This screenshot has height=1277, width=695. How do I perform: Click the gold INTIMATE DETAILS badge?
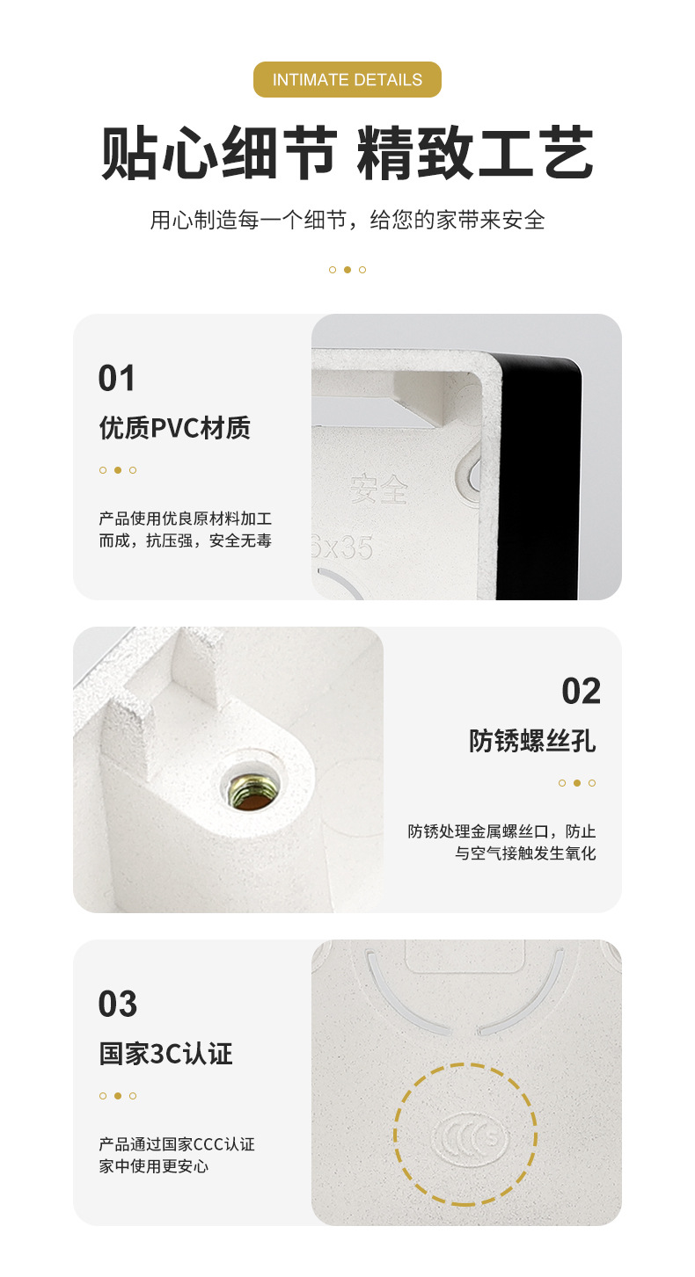[347, 80]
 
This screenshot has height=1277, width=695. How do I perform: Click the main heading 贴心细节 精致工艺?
[347, 152]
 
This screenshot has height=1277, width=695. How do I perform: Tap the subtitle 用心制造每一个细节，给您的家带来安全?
[347, 220]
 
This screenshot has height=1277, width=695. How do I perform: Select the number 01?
[117, 378]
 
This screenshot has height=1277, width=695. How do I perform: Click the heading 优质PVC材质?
[174, 428]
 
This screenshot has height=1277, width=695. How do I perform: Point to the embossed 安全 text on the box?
[378, 490]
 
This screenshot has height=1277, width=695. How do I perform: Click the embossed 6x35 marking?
[344, 548]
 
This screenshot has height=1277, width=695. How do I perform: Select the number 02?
[581, 692]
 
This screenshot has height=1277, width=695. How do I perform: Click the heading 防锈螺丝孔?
[532, 741]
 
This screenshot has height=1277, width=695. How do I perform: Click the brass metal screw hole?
[250, 782]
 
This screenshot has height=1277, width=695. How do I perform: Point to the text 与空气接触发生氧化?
[525, 853]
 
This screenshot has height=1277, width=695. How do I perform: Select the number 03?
[118, 1004]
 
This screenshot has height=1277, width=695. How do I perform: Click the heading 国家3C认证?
[165, 1054]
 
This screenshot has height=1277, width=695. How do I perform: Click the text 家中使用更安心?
[153, 1166]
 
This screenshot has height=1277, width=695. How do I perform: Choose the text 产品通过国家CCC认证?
[176, 1144]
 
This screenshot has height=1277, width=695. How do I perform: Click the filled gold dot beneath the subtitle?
[347, 270]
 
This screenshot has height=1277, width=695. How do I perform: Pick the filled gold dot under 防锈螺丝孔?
[577, 783]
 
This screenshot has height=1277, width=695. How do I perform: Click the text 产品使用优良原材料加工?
[185, 519]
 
